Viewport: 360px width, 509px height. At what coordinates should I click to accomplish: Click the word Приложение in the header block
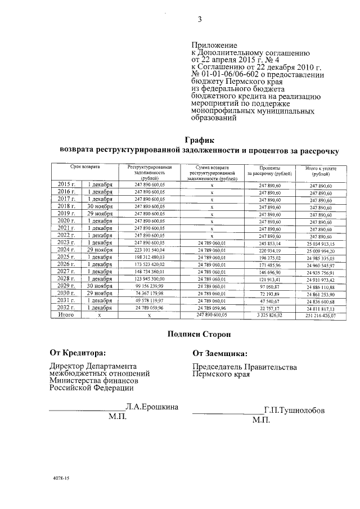(x=214, y=46)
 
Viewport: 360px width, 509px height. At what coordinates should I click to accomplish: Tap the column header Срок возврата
(x=85, y=168)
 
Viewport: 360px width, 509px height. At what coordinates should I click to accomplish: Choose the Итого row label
(x=66, y=315)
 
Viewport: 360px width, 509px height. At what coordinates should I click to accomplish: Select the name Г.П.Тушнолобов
(x=294, y=411)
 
